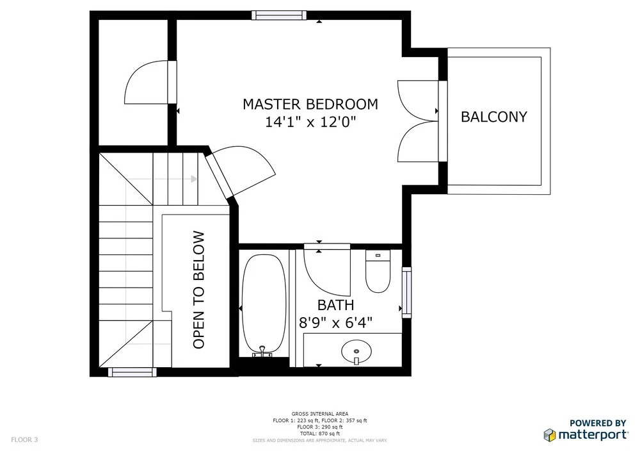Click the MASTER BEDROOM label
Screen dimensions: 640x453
(310, 104)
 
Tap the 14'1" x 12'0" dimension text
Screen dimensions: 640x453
(310, 122)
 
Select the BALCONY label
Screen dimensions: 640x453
(494, 117)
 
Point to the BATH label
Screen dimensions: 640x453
(335, 305)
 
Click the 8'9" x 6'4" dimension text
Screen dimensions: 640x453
(335, 323)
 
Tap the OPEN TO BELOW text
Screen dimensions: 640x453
(198, 290)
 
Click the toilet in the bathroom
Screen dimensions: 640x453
(378, 271)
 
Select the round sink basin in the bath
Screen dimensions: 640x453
(356, 351)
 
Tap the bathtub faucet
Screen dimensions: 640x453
(262, 352)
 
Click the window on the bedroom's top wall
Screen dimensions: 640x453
(279, 15)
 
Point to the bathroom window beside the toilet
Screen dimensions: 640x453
(406, 292)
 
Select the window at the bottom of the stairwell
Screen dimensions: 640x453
(132, 372)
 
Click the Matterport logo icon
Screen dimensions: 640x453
(550, 435)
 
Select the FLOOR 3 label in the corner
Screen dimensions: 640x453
(24, 440)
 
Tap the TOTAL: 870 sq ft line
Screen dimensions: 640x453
(319, 433)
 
